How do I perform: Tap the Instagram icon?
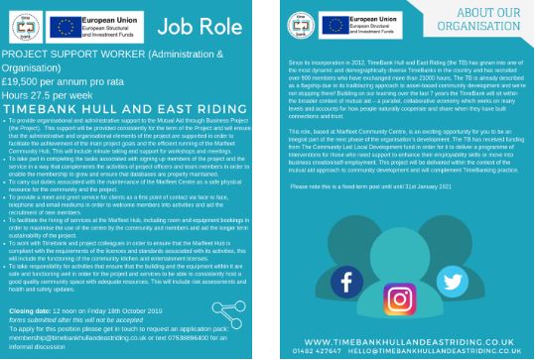[399, 299]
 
